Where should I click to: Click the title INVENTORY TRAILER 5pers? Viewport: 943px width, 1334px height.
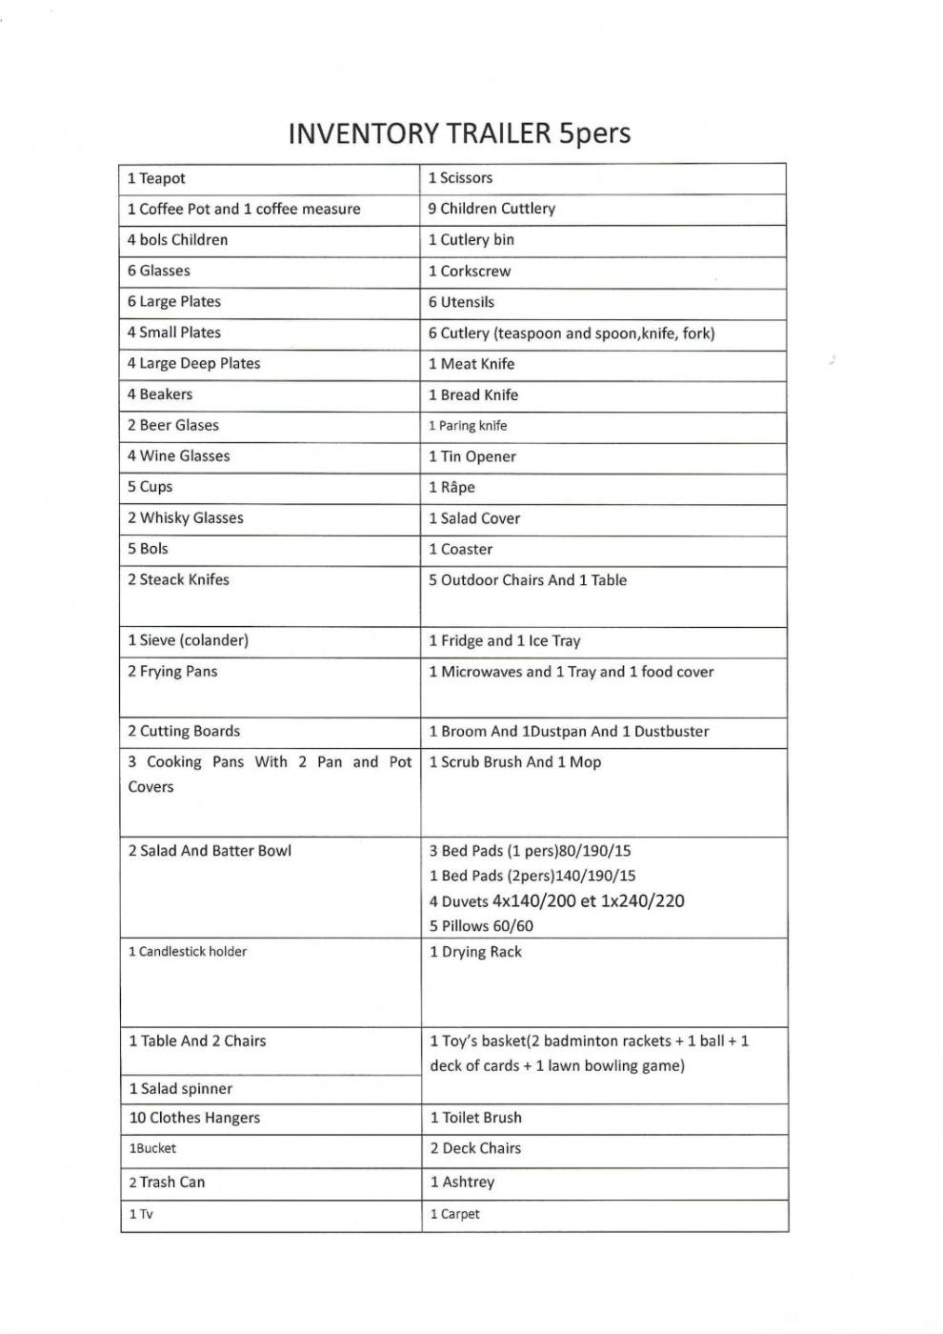click(x=459, y=132)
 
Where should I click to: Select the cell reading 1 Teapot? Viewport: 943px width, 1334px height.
click(x=157, y=178)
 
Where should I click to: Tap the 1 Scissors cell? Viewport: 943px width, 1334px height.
click(x=461, y=178)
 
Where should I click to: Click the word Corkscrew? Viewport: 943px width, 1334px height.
click(x=475, y=272)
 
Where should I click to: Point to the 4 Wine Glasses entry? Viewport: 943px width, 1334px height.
click(x=179, y=456)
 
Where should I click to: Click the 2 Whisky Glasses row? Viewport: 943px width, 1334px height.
click(x=186, y=518)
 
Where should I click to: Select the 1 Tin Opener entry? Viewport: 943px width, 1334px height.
click(x=472, y=456)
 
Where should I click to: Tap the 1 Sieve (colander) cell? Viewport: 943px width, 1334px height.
click(x=189, y=640)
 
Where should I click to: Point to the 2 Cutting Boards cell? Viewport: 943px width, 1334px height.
click(x=184, y=732)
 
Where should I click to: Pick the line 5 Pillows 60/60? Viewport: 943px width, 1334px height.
click(x=481, y=926)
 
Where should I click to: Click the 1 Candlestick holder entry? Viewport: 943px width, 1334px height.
click(x=188, y=952)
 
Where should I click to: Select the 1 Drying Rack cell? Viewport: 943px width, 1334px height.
click(x=475, y=952)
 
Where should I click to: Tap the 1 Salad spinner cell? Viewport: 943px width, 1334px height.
click(x=181, y=1089)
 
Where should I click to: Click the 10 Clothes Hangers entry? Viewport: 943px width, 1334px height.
click(x=194, y=1118)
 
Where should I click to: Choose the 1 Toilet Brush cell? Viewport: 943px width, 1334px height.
click(x=475, y=1118)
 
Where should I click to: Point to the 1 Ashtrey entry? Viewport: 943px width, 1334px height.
click(x=462, y=1182)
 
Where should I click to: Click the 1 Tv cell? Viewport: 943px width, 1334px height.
click(x=141, y=1215)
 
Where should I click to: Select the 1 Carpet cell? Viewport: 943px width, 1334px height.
click(x=454, y=1215)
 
